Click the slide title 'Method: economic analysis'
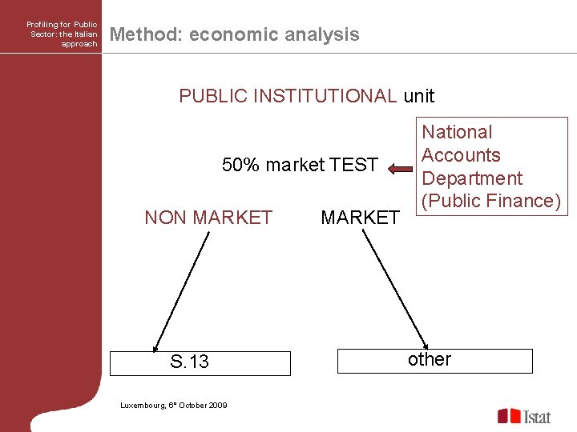(x=234, y=34)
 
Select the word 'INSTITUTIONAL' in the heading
(x=325, y=96)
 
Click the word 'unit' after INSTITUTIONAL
(x=419, y=96)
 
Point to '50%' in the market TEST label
(x=241, y=166)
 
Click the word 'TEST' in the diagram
(x=353, y=166)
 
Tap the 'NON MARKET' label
(x=208, y=218)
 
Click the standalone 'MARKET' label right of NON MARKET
(x=360, y=218)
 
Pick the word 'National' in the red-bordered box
(x=457, y=132)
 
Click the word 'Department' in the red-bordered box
(x=471, y=178)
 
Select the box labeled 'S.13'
(x=200, y=362)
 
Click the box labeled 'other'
(x=434, y=361)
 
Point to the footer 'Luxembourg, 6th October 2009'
(x=173, y=406)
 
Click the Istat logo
(x=524, y=416)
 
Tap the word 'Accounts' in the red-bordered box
(x=461, y=155)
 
